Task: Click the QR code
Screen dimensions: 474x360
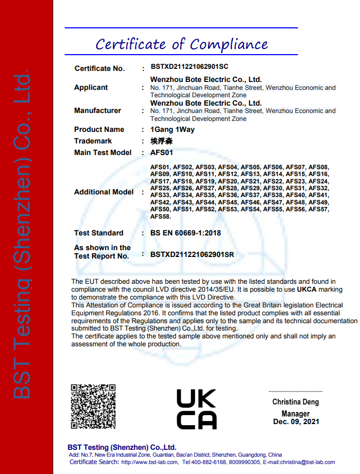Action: point(93,406)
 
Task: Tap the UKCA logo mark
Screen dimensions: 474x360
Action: point(196,409)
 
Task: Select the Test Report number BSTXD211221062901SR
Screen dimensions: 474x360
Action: point(192,255)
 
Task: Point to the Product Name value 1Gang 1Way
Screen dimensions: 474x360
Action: point(172,129)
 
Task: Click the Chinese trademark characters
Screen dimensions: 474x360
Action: point(161,141)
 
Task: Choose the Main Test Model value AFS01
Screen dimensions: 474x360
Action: point(161,152)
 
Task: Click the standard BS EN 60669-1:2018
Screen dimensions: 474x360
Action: point(186,233)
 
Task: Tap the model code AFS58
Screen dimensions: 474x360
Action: point(160,216)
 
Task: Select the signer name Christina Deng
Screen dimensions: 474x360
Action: point(295,402)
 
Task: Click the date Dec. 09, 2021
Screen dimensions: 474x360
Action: point(296,421)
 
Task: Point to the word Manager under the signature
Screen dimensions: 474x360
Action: point(295,414)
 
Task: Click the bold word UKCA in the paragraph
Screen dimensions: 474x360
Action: point(307,290)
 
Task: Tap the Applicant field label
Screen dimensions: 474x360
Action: point(91,87)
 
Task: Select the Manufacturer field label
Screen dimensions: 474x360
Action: point(98,110)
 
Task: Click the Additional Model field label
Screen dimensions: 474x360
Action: point(104,192)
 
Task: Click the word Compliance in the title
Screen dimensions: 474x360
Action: point(229,44)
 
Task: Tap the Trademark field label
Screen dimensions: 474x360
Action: point(93,141)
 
